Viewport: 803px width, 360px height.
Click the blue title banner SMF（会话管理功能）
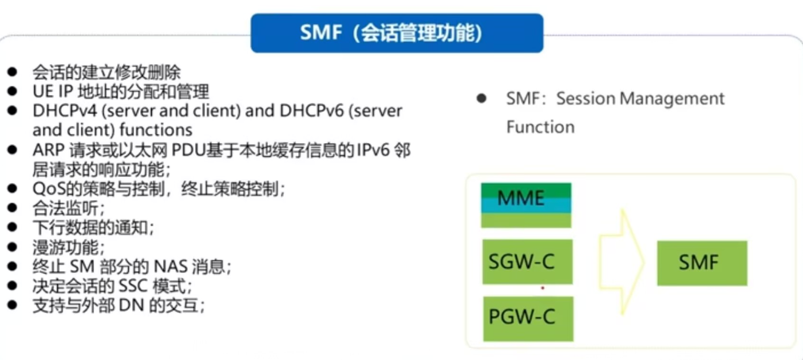(x=397, y=33)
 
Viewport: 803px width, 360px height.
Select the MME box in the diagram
(x=526, y=205)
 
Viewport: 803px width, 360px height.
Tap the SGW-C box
(x=527, y=262)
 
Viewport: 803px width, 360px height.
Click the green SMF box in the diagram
(x=702, y=263)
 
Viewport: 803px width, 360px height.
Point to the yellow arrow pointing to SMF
(x=622, y=262)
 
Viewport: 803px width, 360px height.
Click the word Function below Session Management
(x=540, y=126)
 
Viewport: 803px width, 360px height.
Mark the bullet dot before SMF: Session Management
(x=481, y=98)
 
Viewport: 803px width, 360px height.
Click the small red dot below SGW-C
(x=543, y=288)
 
